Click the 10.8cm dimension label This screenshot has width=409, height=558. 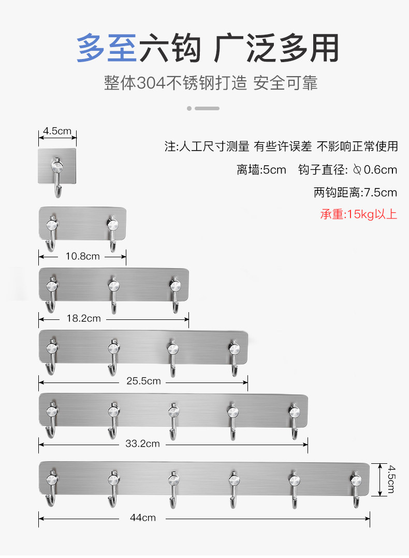pos(82,256)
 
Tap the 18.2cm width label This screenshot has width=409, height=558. pos(84,318)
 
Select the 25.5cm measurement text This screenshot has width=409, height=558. pos(143,381)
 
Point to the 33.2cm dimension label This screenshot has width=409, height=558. pos(143,444)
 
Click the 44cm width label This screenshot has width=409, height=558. pos(143,518)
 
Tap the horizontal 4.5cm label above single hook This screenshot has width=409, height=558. pos(57,131)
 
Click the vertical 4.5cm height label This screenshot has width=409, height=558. pos(390,479)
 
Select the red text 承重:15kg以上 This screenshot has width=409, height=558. pos(358,214)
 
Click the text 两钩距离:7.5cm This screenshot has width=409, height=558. pos(355,193)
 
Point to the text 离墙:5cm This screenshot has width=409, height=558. pos(261,170)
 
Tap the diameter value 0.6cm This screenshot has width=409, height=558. pos(380,170)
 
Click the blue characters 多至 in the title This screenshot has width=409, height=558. pos(107,49)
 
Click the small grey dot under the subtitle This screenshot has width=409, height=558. pos(189,108)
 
